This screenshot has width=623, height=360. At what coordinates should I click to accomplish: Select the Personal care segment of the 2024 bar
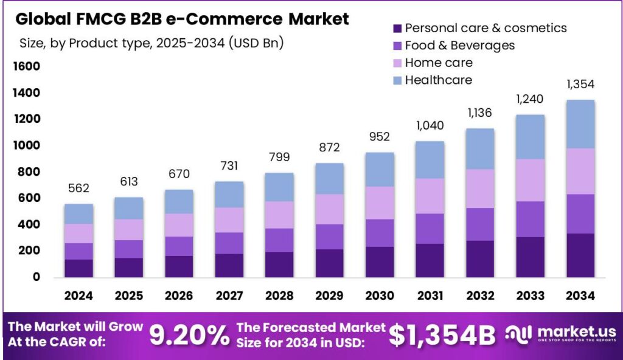(78, 268)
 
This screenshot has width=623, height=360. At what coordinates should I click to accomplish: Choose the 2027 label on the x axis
(228, 296)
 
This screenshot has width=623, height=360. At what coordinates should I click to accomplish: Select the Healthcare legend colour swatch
(397, 80)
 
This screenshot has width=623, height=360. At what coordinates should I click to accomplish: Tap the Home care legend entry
(438, 63)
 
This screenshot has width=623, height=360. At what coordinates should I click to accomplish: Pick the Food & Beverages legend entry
(459, 46)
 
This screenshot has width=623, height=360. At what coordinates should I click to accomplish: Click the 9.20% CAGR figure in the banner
(186, 335)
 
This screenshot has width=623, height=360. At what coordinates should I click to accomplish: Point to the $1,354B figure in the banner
(442, 335)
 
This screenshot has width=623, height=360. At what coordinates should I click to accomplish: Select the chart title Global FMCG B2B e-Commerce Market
(182, 19)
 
